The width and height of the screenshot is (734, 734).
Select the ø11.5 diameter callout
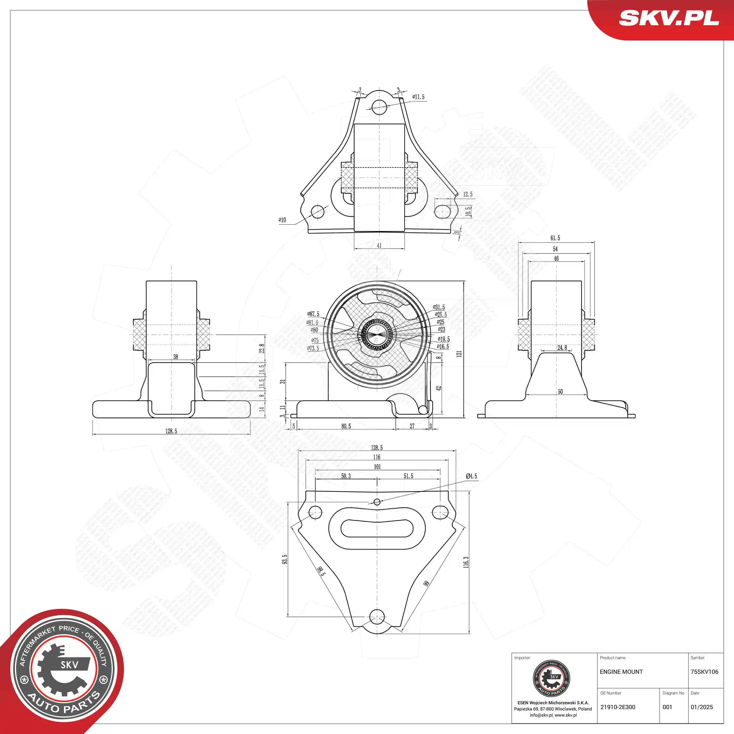[418, 97]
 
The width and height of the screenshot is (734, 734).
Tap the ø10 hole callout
[282, 220]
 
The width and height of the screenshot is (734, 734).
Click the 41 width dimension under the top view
[379, 245]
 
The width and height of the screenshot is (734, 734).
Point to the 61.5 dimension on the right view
[555, 238]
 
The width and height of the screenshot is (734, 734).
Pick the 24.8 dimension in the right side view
[562, 348]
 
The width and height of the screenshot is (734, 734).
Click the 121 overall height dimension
[459, 353]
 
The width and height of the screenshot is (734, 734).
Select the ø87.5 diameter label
[314, 314]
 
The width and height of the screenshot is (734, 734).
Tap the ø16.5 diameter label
[443, 346]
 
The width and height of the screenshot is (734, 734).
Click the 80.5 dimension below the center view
[346, 426]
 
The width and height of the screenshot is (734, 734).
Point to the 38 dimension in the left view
[176, 357]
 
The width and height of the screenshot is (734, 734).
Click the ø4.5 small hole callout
[471, 476]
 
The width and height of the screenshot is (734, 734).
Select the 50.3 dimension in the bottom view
[346, 476]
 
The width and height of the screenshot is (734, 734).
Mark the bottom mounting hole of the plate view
[377, 616]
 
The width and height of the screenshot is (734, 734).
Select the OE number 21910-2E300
[617, 707]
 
